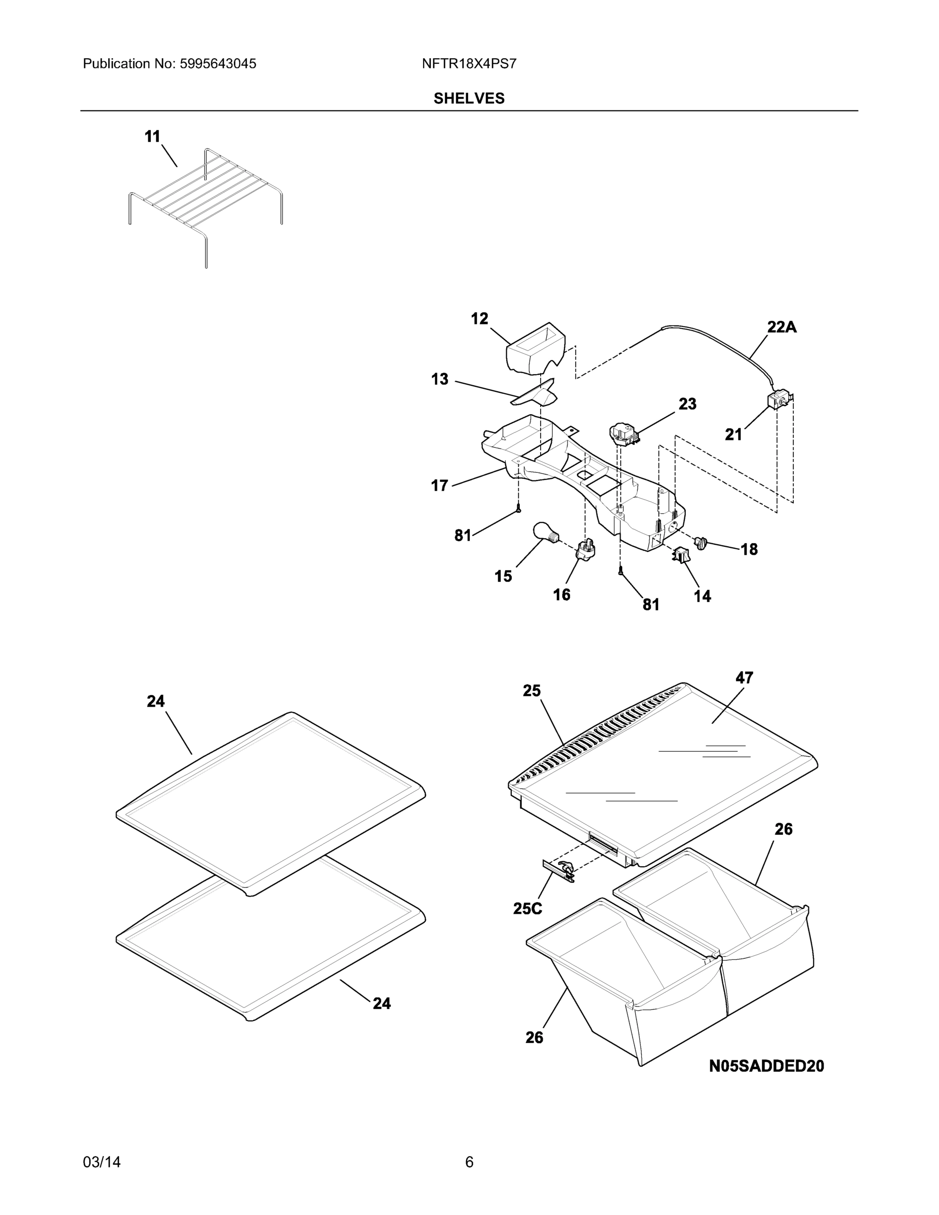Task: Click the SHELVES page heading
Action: pos(469,99)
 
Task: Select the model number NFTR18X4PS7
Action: pos(469,64)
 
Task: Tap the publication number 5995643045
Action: pos(218,64)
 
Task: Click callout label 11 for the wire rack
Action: pos(152,136)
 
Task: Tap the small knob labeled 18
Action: pos(701,542)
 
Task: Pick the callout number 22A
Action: pos(782,327)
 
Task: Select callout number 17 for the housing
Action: pos(439,485)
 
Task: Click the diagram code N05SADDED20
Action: pos(766,1066)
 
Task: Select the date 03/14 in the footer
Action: pos(102,1147)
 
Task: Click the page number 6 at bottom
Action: pos(469,1147)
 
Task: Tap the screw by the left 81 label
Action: pos(518,508)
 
